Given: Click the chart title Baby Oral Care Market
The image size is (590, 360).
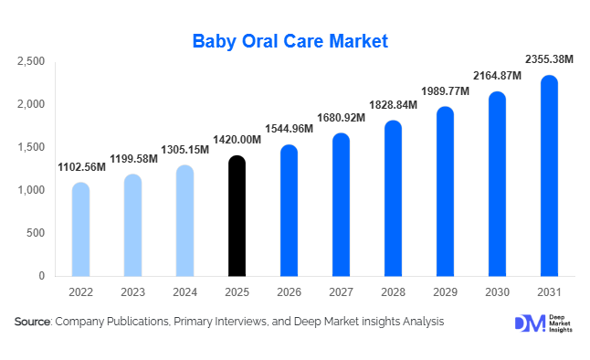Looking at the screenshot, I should [x=290, y=41].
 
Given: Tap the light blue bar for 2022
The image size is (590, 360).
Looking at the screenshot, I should [x=81, y=229].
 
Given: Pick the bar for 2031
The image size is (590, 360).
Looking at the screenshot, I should [x=549, y=175].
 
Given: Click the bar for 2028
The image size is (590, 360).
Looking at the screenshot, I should [x=393, y=198].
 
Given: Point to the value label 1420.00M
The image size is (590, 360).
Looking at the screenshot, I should [x=237, y=140].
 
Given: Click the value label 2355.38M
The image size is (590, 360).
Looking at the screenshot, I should [x=549, y=59].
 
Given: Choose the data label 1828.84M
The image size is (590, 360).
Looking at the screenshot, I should [x=393, y=105].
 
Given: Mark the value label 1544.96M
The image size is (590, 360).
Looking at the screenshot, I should [x=289, y=129].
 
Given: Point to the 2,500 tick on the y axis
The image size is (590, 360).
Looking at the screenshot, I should [x=31, y=61].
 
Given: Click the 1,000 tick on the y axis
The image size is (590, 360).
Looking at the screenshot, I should [x=31, y=190].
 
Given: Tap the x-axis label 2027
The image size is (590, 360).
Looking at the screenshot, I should [x=341, y=291].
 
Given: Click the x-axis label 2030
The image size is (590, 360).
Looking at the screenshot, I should [x=497, y=291].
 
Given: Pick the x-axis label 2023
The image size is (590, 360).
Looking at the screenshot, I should [x=132, y=291].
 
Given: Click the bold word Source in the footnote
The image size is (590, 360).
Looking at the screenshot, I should [x=32, y=322].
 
